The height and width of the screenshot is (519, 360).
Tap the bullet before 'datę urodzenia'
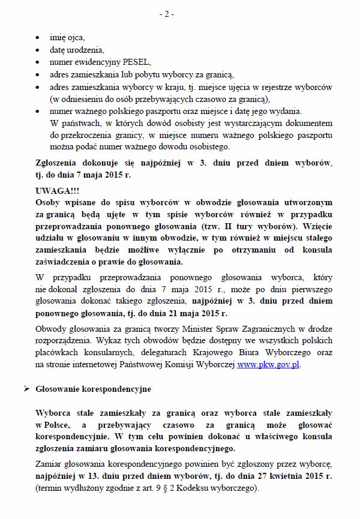click(x=39, y=50)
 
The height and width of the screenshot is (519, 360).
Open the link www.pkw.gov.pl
click(x=269, y=364)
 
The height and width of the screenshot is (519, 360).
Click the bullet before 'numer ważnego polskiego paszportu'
click(x=39, y=111)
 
